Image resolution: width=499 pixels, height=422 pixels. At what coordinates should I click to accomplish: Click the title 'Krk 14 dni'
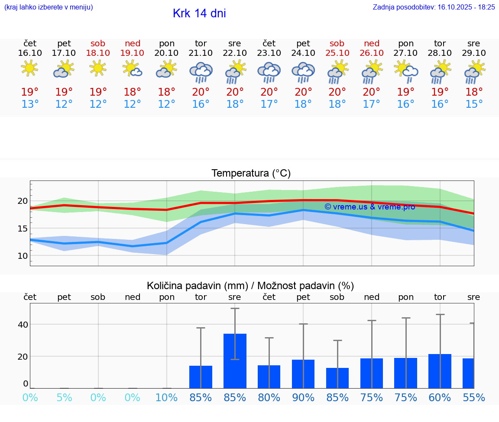click(199, 13)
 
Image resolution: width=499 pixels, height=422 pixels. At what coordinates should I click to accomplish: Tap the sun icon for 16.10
click(29, 68)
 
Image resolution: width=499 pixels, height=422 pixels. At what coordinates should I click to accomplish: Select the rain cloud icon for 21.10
click(201, 72)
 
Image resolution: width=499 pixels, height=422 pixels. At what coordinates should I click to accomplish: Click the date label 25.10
click(337, 53)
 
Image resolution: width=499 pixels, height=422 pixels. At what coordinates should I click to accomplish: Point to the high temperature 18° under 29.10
click(474, 92)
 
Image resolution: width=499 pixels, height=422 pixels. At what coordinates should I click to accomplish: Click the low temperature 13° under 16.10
click(30, 104)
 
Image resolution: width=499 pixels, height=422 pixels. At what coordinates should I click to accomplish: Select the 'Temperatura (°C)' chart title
click(251, 174)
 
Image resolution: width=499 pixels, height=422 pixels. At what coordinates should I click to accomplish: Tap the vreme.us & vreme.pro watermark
click(369, 207)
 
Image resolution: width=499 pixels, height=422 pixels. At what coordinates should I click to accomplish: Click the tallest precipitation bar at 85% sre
click(235, 361)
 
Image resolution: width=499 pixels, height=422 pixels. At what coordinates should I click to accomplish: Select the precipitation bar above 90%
click(303, 374)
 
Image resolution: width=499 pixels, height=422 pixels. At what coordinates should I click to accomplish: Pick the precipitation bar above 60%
click(440, 371)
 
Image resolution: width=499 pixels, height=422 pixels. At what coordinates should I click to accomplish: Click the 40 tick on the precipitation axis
click(23, 325)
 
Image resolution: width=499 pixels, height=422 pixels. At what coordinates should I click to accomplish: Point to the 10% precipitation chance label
click(167, 397)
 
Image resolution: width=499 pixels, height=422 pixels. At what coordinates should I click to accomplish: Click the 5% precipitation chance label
click(64, 397)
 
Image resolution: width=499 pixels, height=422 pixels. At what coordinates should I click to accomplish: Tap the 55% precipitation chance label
click(473, 397)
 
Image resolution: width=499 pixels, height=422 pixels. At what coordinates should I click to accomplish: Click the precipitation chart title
click(250, 286)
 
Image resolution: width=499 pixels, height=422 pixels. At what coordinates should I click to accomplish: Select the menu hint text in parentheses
click(49, 7)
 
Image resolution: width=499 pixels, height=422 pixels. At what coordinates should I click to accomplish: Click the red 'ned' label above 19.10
click(133, 43)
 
